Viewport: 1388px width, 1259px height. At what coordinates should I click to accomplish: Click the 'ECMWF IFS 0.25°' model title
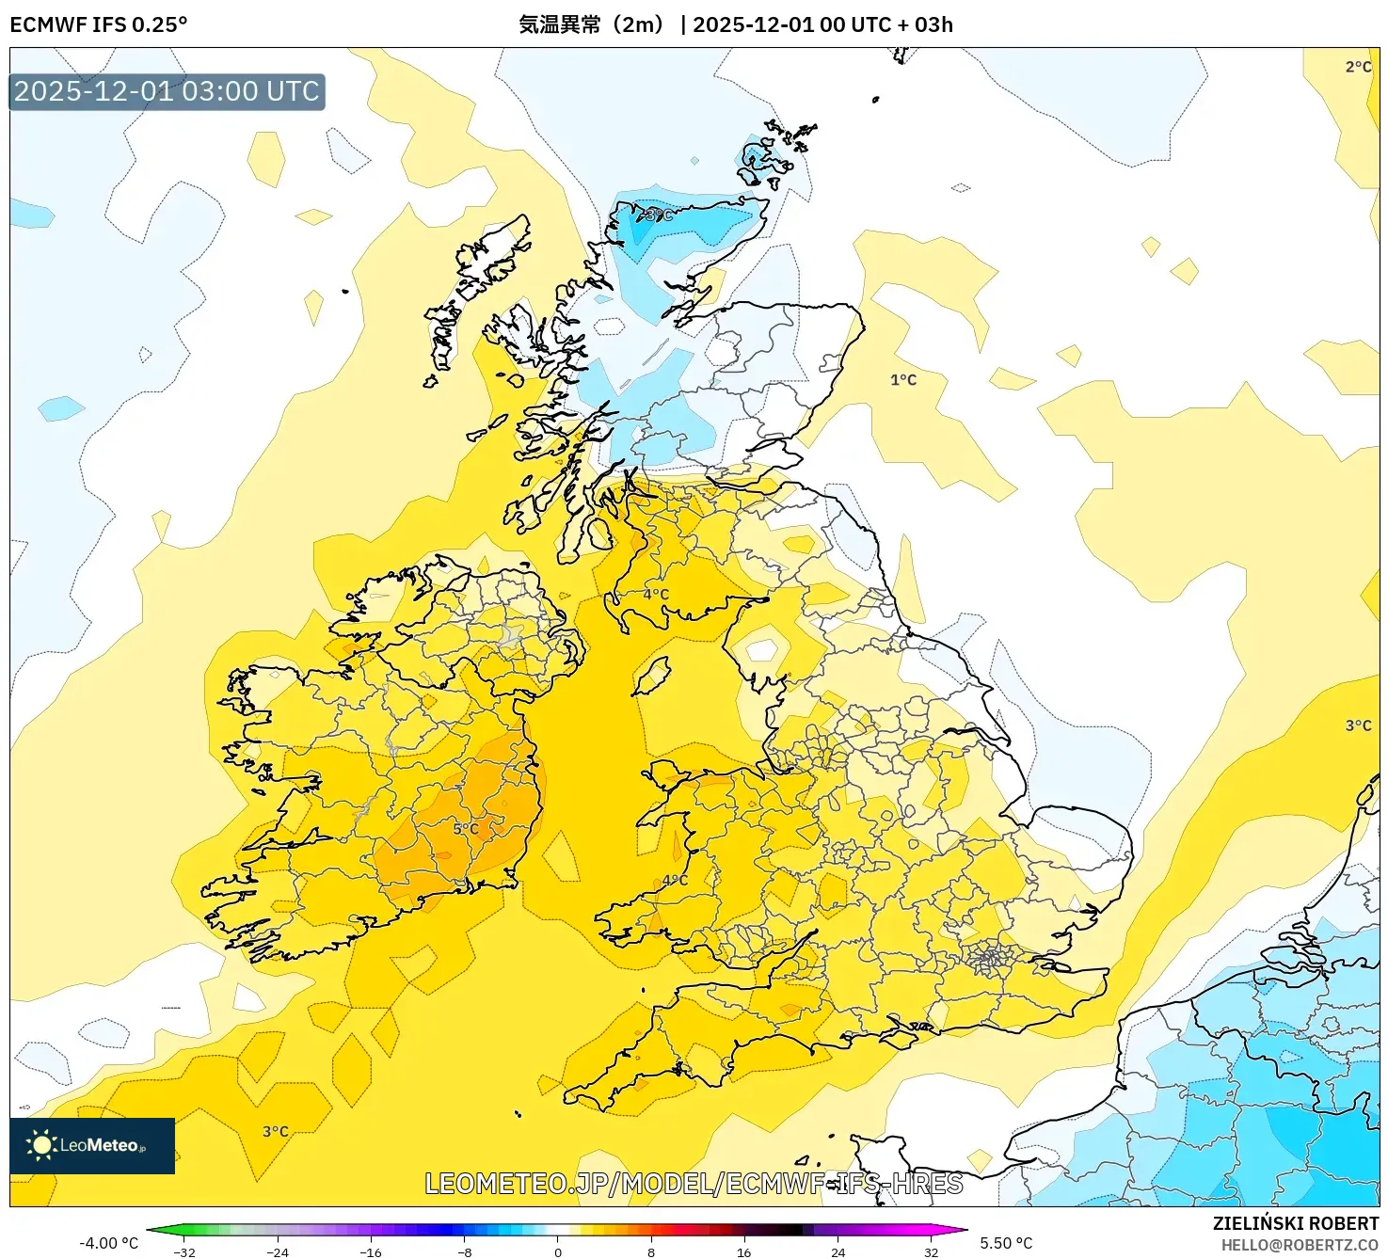pos(99,24)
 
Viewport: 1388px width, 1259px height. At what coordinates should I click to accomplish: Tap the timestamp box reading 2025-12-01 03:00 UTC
pos(168,92)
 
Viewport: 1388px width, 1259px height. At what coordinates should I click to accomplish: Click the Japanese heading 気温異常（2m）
pos(592,24)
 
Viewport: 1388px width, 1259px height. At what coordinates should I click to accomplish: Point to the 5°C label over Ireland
pos(466,829)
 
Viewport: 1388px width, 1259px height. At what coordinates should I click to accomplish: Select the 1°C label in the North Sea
pos(903,380)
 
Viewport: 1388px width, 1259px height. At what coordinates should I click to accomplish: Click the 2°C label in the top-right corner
pos(1358,67)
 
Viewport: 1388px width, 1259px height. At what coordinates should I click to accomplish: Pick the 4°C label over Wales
pos(675,881)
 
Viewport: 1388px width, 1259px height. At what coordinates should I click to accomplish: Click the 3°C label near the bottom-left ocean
pos(276,1132)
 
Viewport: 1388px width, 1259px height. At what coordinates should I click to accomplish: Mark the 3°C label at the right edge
pos(1358,725)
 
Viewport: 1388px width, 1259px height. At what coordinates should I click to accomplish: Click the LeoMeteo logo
pos(92,1145)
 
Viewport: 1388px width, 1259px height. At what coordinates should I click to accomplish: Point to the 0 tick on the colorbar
pos(558,1252)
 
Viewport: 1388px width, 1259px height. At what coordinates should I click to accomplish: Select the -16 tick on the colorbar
pos(371,1252)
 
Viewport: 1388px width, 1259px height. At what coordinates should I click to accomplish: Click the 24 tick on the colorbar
pos(838,1252)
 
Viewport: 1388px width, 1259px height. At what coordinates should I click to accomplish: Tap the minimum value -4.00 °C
pos(108,1243)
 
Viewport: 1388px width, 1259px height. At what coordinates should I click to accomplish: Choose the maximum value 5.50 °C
pos(1006,1243)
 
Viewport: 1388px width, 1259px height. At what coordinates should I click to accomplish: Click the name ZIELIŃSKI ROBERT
pos(1295,1223)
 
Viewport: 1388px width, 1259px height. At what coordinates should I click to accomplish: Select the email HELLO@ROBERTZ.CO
pos(1300,1245)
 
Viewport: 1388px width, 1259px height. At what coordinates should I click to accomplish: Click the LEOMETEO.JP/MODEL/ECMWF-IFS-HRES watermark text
pos(694,1184)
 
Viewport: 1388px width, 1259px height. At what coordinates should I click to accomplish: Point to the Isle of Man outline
pos(651,677)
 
